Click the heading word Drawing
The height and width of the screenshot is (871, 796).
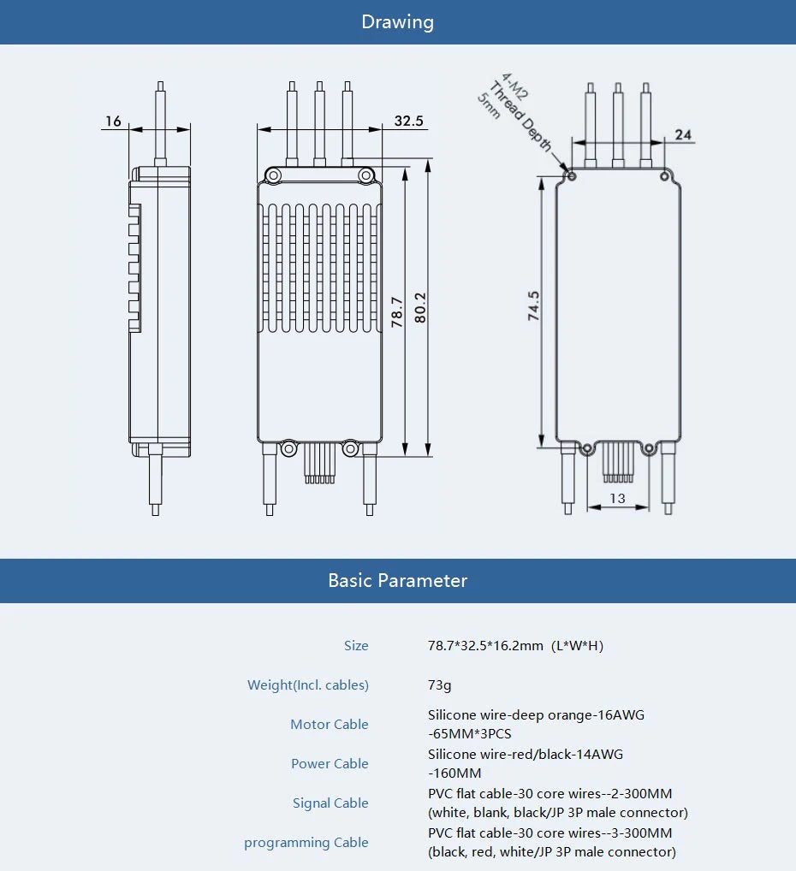click(397, 22)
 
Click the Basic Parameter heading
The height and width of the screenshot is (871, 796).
click(397, 581)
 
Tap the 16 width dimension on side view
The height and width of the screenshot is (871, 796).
click(113, 121)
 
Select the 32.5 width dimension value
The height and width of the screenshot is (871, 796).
click(408, 121)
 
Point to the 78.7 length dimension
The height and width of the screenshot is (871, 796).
click(397, 311)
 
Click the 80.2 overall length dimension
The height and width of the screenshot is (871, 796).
click(419, 307)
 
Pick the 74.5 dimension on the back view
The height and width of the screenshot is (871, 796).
click(533, 306)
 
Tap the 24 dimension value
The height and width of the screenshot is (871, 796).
click(683, 134)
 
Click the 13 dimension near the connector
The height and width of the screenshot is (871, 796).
click(617, 498)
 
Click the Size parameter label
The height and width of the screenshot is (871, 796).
click(356, 646)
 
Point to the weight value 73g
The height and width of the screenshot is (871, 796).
click(439, 685)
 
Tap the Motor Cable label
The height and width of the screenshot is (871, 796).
click(329, 725)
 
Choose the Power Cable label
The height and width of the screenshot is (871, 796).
click(330, 764)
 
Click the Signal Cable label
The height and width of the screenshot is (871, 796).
click(330, 803)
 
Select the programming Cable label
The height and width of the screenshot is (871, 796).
click(306, 843)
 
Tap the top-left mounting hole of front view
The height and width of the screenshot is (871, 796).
click(273, 175)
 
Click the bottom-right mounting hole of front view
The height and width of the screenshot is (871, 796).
click(350, 448)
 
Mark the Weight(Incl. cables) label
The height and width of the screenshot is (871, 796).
click(307, 685)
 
